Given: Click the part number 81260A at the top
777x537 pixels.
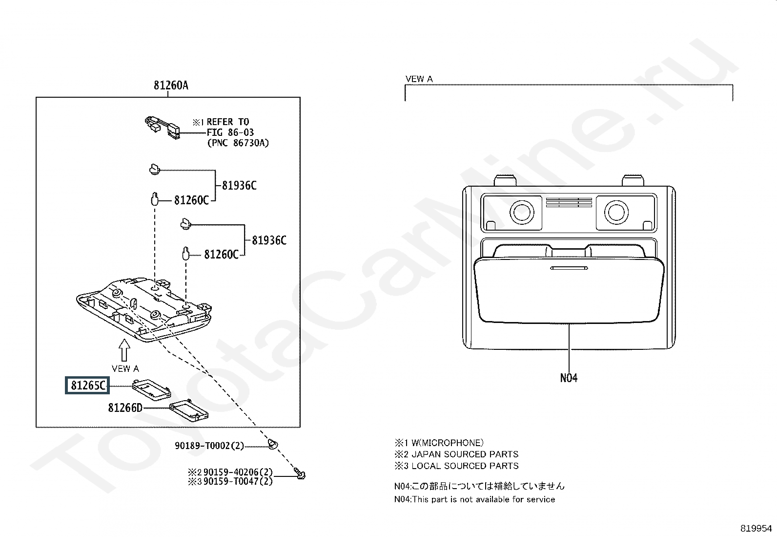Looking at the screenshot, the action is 171,85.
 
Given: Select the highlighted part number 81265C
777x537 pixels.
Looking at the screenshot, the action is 88,385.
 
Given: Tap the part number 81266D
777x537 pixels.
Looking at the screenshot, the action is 125,408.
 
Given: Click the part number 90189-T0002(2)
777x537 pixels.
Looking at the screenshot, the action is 209,446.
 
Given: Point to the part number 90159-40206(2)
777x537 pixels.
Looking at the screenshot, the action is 238,472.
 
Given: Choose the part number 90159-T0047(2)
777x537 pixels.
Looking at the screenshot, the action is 238,481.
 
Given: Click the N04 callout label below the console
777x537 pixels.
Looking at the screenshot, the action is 569,378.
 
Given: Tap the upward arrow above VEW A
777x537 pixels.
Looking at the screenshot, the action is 124,350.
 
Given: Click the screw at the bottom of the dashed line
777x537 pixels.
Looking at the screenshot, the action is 300,473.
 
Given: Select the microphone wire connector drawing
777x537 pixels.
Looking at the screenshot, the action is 163,128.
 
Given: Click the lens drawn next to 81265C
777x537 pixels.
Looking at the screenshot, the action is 152,390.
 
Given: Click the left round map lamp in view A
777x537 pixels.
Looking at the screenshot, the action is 522,212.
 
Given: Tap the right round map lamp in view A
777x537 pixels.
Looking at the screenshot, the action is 616,212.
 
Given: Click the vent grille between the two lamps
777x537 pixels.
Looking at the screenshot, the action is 569,202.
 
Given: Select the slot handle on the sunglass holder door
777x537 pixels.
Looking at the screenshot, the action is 569,268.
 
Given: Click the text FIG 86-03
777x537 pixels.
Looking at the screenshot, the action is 230,132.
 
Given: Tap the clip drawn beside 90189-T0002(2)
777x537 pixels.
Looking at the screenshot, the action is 273,444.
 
